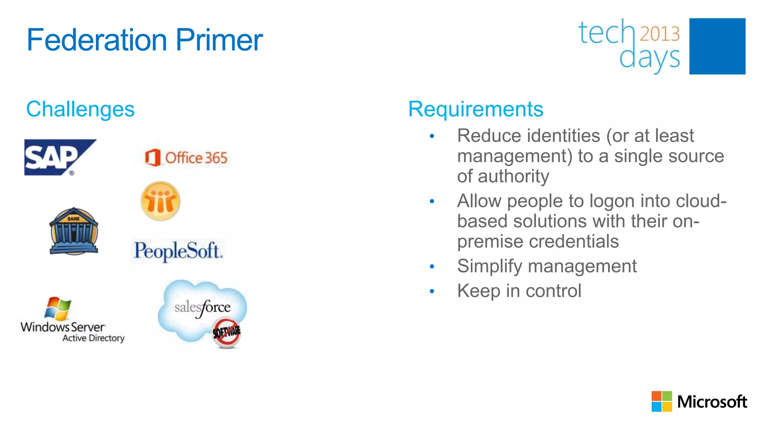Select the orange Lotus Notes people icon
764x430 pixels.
pyautogui.click(x=160, y=201)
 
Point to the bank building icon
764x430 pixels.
pyautogui.click(x=74, y=231)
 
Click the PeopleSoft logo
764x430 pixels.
pyautogui.click(x=178, y=251)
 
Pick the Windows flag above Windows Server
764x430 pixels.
pyautogui.click(x=58, y=309)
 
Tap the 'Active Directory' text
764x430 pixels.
pyautogui.click(x=93, y=338)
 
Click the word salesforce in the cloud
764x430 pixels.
pyautogui.click(x=203, y=308)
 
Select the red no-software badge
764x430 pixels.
pyautogui.click(x=226, y=332)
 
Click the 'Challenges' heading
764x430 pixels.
pyautogui.click(x=80, y=109)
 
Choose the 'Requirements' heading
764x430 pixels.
pyautogui.click(x=476, y=109)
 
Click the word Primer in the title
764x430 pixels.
pyautogui.click(x=219, y=40)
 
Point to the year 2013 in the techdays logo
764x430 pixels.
pyautogui.click(x=660, y=34)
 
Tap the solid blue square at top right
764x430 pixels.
pyautogui.click(x=717, y=46)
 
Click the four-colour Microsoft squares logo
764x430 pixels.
pyautogui.click(x=661, y=401)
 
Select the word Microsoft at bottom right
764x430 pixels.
pyautogui.click(x=712, y=402)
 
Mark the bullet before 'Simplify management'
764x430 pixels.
pyautogui.click(x=432, y=267)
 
